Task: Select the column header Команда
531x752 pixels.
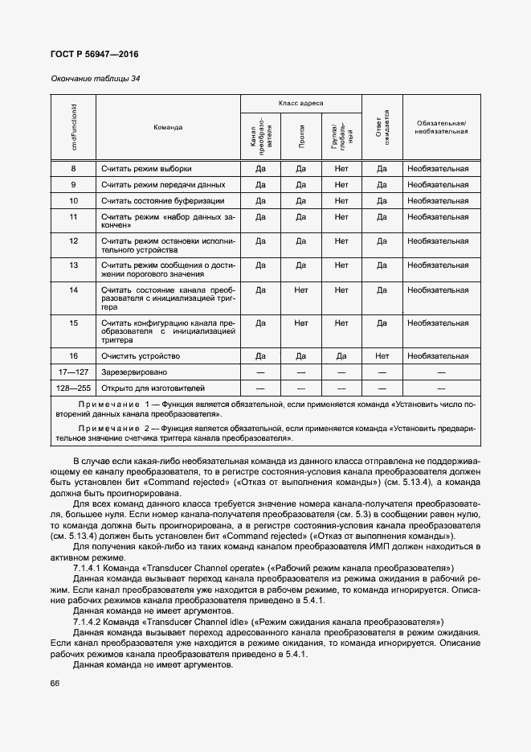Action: pos(168,127)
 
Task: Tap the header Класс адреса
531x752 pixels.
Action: pos(301,104)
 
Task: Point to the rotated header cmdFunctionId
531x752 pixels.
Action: pos(74,126)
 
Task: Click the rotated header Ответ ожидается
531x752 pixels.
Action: pos(382,127)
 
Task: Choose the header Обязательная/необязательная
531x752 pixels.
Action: pos(441,127)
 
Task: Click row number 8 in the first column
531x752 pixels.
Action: pos(73,169)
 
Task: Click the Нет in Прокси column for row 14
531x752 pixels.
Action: pos(301,290)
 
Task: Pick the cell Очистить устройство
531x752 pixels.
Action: pos(141,355)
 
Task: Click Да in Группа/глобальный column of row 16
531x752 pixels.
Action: pos(341,355)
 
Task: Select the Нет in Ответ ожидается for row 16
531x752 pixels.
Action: pos(382,355)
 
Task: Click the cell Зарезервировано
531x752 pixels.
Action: pos(134,372)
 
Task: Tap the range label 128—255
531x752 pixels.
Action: pos(73,388)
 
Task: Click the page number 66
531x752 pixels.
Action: pos(55,683)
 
